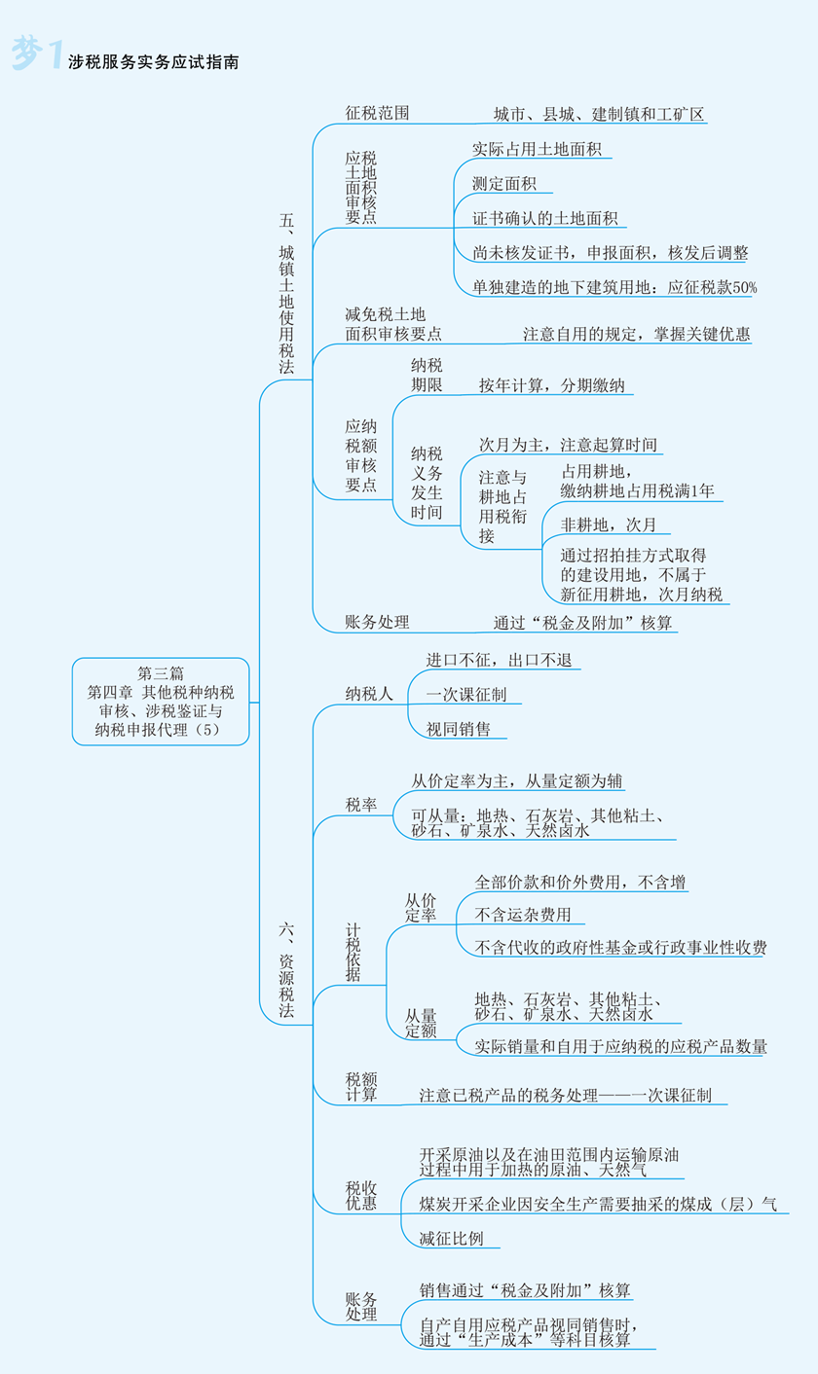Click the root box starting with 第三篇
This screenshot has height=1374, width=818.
161,701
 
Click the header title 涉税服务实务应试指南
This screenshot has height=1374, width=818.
154,62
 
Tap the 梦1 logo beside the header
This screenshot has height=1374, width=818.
37,53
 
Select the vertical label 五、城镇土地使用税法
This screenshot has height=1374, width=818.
286,293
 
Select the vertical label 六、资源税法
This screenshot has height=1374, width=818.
286,969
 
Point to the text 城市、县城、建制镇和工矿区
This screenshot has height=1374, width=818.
598,114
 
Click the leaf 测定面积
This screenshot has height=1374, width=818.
503,183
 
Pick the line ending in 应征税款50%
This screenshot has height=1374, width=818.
614,287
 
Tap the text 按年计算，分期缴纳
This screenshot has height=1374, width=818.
552,385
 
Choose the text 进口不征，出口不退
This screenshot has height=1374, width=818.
499,660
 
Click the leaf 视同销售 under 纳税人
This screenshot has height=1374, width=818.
458,729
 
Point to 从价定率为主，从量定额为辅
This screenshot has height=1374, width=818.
516,780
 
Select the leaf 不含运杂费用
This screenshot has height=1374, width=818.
523,915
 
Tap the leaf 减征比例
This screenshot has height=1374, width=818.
451,1239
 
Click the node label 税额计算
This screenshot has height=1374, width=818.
361,1086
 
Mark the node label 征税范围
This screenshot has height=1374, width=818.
377,113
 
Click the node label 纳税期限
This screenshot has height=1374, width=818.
427,375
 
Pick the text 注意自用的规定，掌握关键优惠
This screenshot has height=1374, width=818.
636,334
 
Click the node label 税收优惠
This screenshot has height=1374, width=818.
361,1196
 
